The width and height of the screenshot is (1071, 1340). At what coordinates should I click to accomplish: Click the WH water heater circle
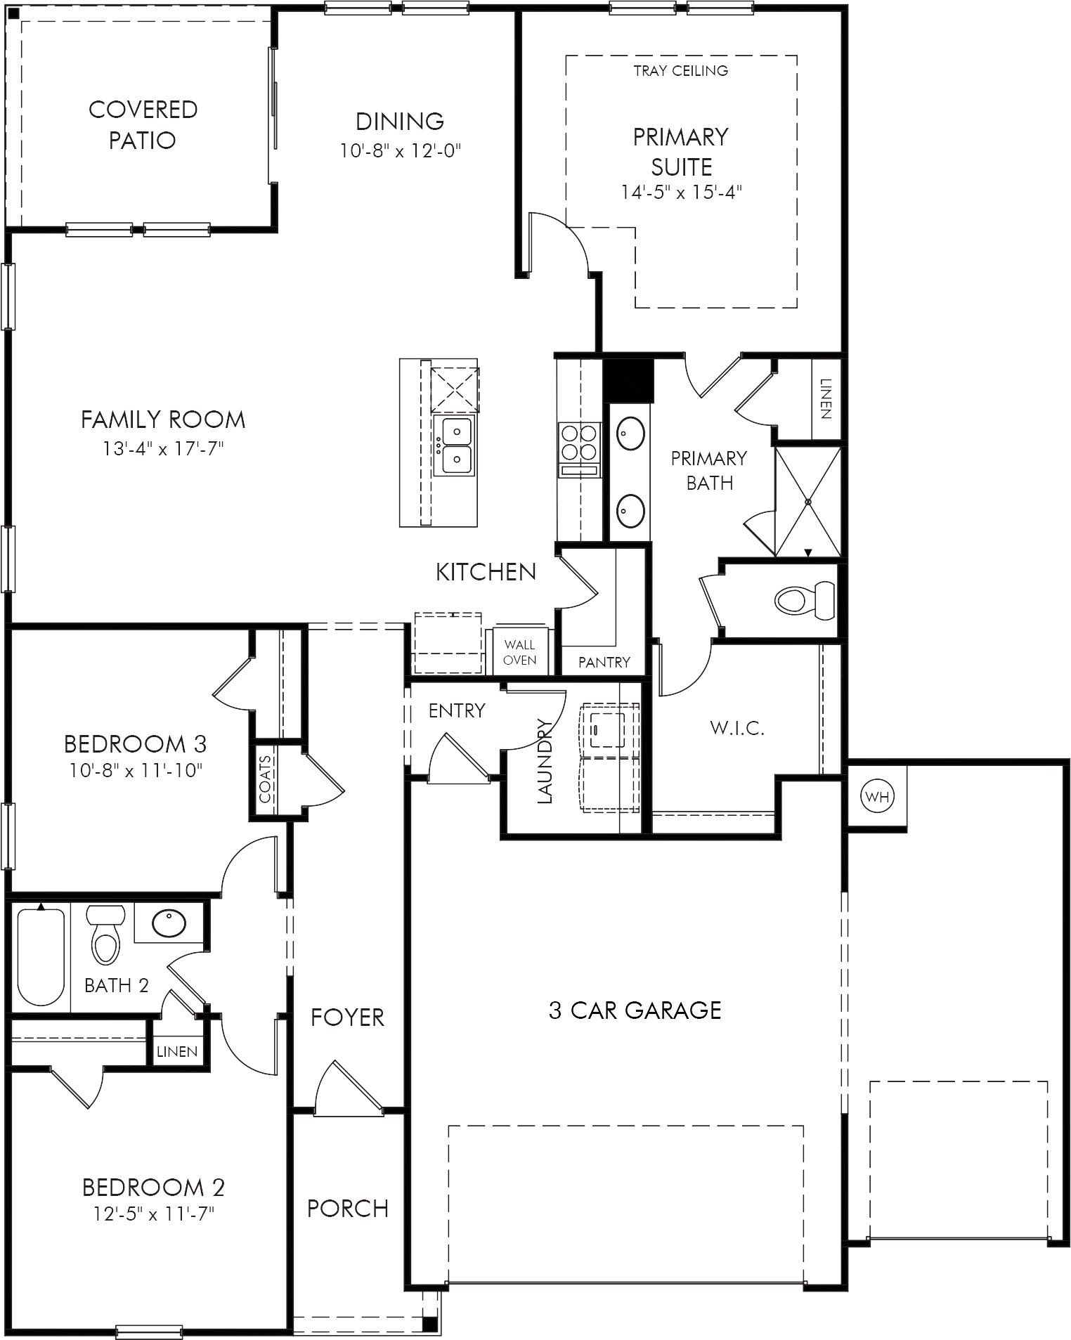[x=877, y=797]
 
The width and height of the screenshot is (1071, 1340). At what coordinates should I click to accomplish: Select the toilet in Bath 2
[x=105, y=935]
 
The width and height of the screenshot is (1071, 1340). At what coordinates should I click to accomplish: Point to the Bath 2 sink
[x=169, y=923]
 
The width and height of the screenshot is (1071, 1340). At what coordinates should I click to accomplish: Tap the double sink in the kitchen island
[x=455, y=445]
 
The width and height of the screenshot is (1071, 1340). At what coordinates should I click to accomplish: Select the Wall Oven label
[x=520, y=652]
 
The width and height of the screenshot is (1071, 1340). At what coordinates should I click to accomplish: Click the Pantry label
[x=604, y=662]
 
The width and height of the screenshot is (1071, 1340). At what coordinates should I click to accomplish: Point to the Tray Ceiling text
[x=681, y=70]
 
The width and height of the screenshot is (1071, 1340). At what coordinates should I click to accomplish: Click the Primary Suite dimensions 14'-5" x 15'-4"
[x=682, y=192]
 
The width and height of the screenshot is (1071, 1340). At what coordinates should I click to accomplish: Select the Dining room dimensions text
[x=401, y=150]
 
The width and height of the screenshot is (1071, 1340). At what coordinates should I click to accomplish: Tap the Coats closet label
[x=266, y=779]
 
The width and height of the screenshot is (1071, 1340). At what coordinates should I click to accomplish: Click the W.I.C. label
[x=737, y=728]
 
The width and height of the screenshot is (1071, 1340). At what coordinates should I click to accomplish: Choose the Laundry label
[x=545, y=760]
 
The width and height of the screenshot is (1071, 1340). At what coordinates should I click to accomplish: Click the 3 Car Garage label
[x=635, y=1010]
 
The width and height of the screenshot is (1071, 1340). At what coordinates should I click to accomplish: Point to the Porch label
[x=348, y=1209]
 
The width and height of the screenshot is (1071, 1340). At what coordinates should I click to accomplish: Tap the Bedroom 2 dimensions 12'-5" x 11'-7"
[x=153, y=1214]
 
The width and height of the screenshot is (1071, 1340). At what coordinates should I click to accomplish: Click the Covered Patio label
[x=143, y=124]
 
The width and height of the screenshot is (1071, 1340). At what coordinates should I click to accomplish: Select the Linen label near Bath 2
[x=177, y=1051]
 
